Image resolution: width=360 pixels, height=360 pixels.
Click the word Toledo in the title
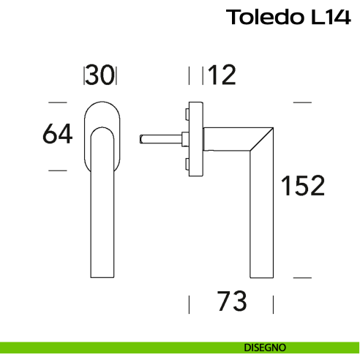262,17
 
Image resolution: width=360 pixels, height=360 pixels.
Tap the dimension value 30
100,75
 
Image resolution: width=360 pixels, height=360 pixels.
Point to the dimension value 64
58,135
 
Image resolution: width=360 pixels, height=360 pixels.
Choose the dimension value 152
303,187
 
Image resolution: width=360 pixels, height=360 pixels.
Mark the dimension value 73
231,301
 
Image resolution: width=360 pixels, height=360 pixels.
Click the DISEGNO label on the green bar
265,347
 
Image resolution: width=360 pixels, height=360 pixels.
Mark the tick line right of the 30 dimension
116,75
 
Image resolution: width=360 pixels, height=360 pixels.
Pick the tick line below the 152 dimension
303,278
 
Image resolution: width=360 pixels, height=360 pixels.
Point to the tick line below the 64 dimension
56,170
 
